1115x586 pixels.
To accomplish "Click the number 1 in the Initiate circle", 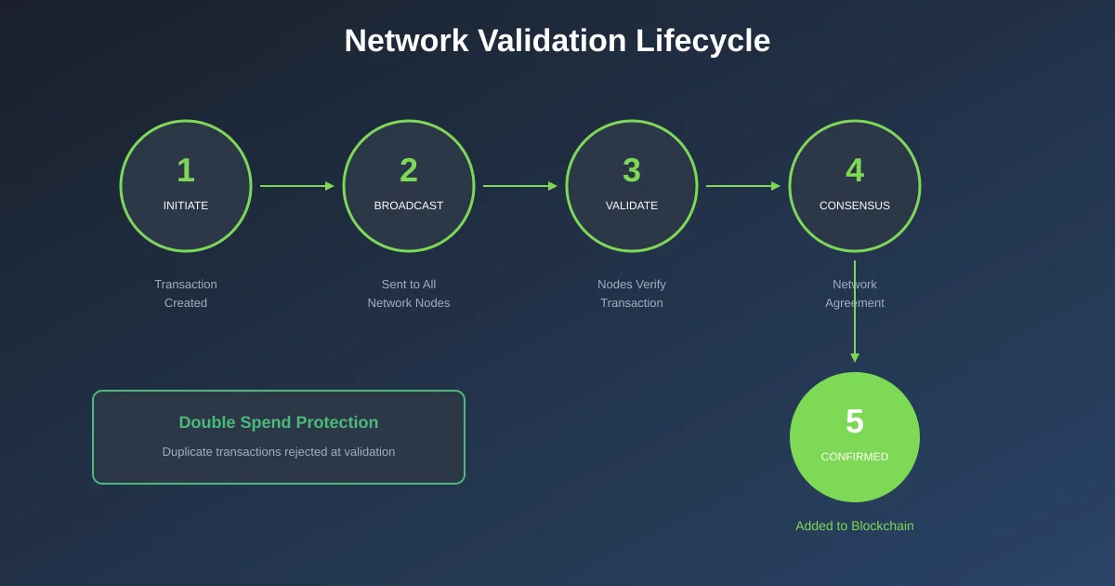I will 186,171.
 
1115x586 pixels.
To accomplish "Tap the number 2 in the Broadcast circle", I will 409,171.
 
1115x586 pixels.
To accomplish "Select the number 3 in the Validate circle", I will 632,171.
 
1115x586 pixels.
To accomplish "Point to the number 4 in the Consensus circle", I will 855,171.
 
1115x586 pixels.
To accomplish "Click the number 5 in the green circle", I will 855,422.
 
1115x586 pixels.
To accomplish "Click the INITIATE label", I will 186,206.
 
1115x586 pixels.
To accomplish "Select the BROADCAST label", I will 409,206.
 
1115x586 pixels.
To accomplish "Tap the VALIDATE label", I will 632,206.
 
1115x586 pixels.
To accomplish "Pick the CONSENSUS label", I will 855,206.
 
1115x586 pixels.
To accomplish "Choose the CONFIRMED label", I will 855,457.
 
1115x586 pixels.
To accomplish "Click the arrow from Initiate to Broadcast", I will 296,186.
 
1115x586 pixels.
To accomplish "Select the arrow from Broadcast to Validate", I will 519,186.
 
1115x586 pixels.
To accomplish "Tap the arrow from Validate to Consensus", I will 742,186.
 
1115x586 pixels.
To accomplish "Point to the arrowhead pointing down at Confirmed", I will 855,358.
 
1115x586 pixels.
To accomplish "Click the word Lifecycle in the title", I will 702,41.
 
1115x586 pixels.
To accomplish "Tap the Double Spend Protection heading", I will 279,422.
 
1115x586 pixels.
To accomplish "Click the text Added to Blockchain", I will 855,526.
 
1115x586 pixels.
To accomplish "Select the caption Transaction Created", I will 186,293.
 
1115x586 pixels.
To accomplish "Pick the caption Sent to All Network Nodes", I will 409,293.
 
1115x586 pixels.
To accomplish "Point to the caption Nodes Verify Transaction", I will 632,293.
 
